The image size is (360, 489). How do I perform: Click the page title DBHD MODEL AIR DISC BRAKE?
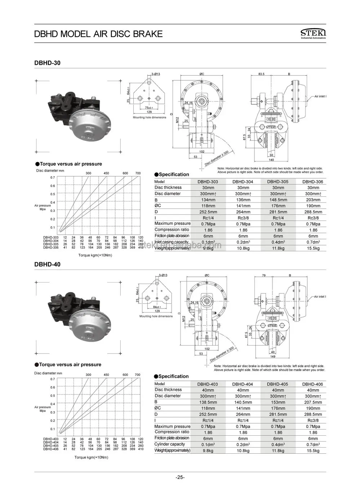tap(98, 34)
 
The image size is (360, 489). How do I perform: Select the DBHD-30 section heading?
tap(47, 63)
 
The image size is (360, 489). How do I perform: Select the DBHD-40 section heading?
tap(47, 264)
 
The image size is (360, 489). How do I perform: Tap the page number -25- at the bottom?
tap(180, 477)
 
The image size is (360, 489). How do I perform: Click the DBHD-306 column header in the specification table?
tap(313, 182)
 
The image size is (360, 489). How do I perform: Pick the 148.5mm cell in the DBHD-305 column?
tap(278, 200)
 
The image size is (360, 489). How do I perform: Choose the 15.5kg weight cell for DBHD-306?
tap(313, 248)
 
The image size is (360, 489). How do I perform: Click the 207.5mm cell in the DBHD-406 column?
tap(313, 402)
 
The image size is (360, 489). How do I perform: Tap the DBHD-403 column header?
tap(208, 384)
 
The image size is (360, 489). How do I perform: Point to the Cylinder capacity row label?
tap(170, 444)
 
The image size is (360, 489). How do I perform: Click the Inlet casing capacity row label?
tap(172, 242)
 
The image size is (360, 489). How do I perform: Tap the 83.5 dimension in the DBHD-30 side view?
tap(261, 74)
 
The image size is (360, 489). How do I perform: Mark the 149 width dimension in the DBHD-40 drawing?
tap(272, 357)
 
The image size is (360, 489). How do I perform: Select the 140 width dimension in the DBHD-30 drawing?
tap(271, 160)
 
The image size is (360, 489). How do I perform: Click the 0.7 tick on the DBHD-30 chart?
tap(53, 177)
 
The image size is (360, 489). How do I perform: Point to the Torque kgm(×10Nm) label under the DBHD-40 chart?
tap(91, 457)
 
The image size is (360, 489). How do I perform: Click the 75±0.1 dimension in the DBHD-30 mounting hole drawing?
tap(149, 107)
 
